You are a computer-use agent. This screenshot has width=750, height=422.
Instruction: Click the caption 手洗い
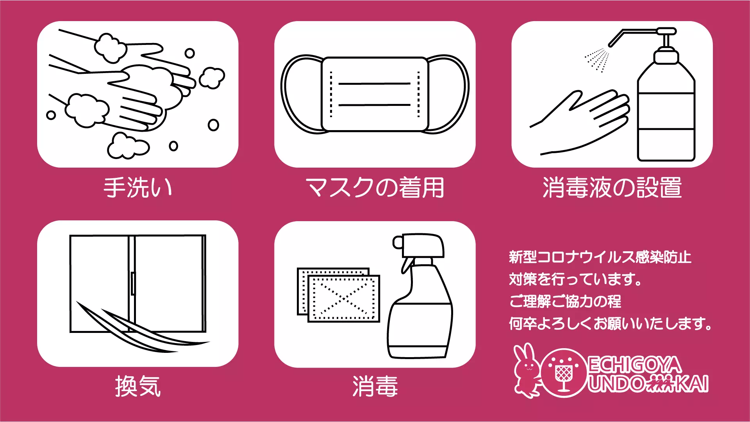[x=137, y=188]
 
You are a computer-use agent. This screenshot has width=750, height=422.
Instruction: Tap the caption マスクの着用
[x=375, y=188]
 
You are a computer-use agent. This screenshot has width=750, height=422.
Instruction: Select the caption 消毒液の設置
[x=612, y=188]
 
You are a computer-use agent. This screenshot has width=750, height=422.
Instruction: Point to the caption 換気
[x=137, y=386]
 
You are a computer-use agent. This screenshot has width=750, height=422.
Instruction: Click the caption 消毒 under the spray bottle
[x=375, y=386]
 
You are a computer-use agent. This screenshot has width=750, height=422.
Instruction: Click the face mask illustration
[x=375, y=94]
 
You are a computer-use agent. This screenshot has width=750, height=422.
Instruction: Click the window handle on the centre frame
[x=133, y=283]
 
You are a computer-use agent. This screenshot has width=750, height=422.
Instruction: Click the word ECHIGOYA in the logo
[x=635, y=365]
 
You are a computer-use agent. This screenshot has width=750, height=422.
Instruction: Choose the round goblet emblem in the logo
[x=564, y=373]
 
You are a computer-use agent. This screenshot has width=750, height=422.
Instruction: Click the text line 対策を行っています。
[x=575, y=279]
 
